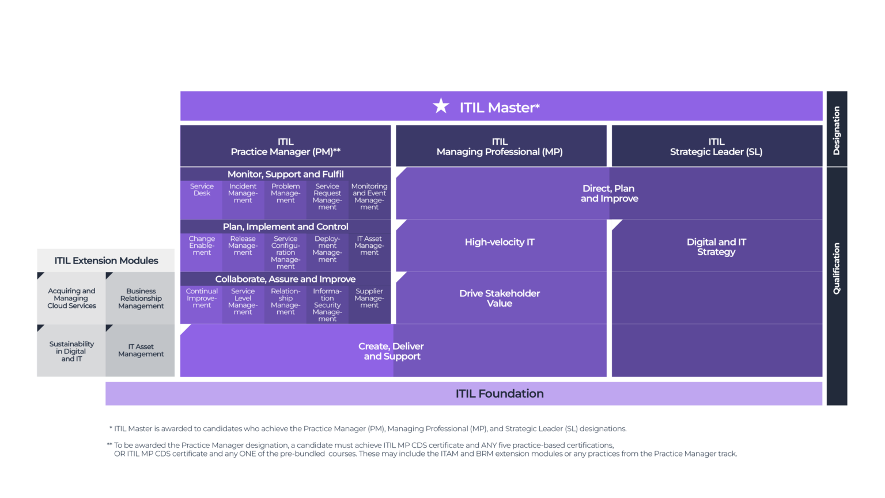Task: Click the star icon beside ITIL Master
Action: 441,106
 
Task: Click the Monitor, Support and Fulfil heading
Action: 285,174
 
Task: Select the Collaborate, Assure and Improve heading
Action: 285,279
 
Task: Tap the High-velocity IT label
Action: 500,242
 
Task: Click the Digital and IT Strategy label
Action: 716,247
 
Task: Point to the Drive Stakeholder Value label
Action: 500,298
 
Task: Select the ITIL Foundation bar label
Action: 500,394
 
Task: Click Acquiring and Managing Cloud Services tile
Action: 71,298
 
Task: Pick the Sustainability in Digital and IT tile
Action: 71,351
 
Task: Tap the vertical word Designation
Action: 837,130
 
